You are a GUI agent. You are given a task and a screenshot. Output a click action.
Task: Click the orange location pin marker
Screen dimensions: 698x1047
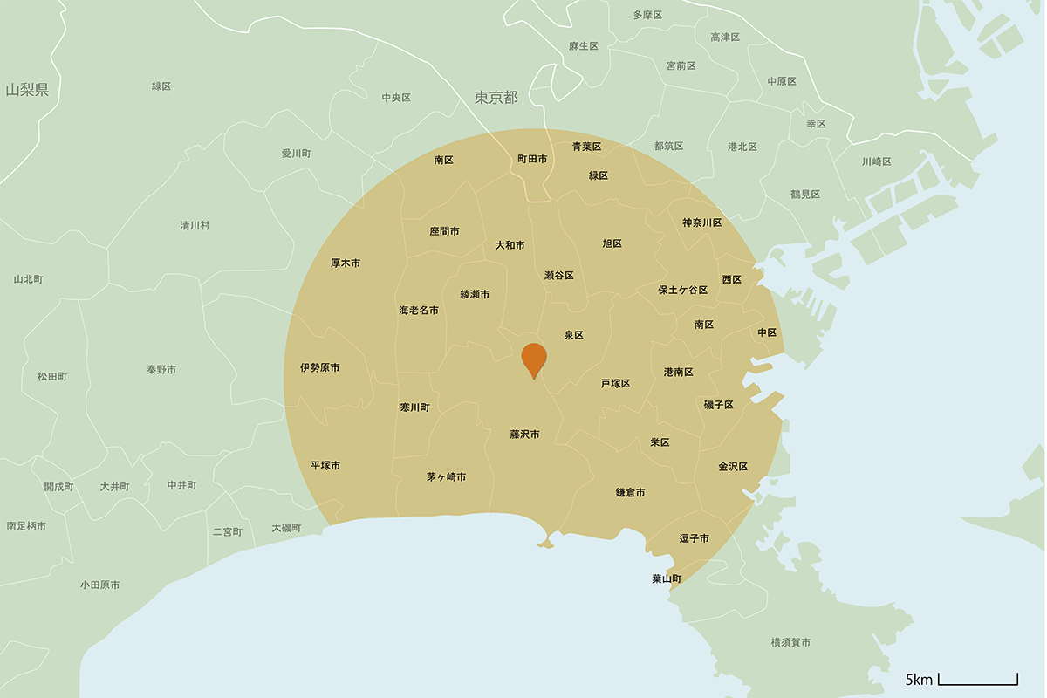(x=534, y=359)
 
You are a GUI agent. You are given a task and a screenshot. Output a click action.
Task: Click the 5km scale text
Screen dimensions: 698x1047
(x=919, y=680)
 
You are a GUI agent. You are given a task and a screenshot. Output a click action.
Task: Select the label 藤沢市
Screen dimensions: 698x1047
(x=524, y=435)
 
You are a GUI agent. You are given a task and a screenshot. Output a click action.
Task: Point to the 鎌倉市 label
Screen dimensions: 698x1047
(x=630, y=493)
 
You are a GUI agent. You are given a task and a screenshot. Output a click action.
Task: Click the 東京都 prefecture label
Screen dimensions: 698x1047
(x=496, y=98)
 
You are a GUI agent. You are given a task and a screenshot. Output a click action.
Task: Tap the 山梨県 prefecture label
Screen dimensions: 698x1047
(x=27, y=90)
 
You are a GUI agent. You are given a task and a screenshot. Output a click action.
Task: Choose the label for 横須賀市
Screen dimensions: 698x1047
(x=790, y=643)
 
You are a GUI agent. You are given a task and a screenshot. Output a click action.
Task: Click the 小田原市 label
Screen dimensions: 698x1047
(x=99, y=585)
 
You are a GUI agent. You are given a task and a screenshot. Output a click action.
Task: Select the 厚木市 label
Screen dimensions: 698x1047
(x=346, y=263)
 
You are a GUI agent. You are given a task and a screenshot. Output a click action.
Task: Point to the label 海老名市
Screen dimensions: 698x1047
(x=419, y=311)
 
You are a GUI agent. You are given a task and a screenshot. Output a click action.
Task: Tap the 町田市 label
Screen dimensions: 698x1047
(x=532, y=160)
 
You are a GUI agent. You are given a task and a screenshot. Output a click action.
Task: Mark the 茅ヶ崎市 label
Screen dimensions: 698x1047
(x=446, y=477)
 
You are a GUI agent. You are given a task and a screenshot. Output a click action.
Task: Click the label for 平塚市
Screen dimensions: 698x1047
(x=325, y=466)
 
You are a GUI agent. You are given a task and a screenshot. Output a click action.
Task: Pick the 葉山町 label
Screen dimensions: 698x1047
(x=667, y=578)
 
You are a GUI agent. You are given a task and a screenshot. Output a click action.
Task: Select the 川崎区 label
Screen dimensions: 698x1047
(x=876, y=161)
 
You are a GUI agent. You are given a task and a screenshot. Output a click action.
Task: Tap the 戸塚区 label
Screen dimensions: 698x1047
(x=615, y=384)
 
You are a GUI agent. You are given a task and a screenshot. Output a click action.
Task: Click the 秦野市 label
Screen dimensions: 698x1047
(x=161, y=370)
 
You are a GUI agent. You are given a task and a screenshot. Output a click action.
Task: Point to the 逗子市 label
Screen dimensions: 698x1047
(x=695, y=538)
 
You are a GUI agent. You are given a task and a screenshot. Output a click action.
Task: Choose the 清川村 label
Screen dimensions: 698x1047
(x=195, y=225)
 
